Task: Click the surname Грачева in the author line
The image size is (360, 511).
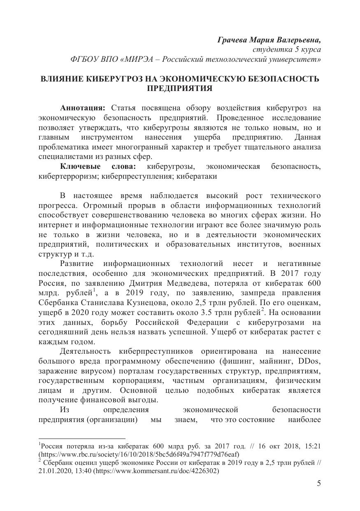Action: [x=232, y=40]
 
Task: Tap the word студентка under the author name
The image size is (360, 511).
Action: [x=267, y=49]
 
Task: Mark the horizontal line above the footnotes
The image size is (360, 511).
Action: [x=82, y=439]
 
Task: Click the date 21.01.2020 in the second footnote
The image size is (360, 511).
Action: [x=54, y=471]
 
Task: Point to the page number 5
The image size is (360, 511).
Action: [x=319, y=483]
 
